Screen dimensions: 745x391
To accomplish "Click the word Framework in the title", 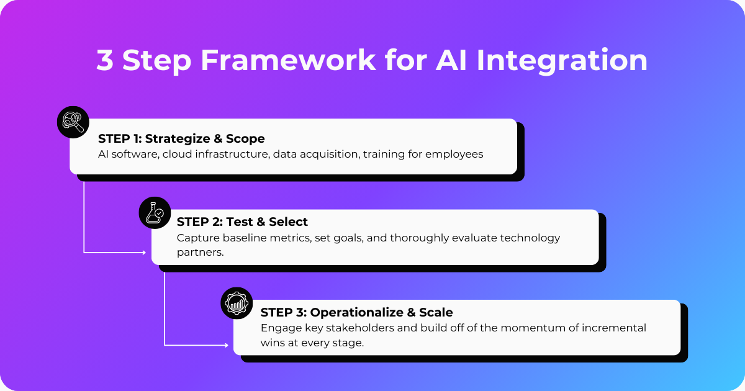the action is tap(288, 60).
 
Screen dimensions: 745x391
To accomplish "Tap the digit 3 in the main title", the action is tap(105, 60).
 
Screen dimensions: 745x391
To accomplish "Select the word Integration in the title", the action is tap(562, 62).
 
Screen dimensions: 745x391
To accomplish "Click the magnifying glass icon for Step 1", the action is tap(73, 122).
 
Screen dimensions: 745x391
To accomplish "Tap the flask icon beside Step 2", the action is tap(155, 213).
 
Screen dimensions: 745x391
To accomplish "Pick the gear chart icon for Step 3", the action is tap(237, 303).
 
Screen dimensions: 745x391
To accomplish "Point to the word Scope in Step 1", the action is tap(245, 139).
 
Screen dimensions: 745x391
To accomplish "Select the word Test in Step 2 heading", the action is tap(240, 222).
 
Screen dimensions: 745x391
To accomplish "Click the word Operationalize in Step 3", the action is tap(356, 313).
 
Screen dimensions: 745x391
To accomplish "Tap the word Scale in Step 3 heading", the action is tap(436, 313).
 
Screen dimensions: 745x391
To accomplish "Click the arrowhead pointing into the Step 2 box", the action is tap(144, 253).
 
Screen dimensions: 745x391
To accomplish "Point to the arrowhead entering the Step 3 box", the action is tap(227, 346).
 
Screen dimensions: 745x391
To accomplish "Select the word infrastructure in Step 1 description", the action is tap(232, 155).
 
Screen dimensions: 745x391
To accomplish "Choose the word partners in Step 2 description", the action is tap(200, 253).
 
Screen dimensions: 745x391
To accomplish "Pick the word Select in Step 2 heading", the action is tap(288, 222).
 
